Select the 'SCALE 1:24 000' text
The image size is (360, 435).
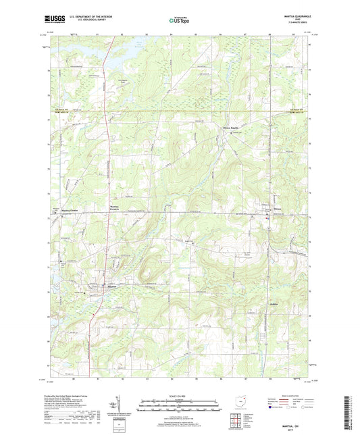[179, 396]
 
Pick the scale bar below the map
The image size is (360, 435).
[179, 407]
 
